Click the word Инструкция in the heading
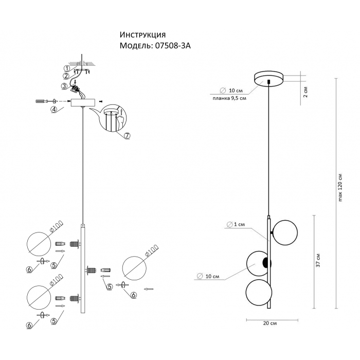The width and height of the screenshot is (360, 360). (x=142, y=35)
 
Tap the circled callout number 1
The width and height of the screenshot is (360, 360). (x=66, y=68)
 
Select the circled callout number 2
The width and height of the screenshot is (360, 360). (x=66, y=76)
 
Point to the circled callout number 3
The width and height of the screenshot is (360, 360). (x=64, y=86)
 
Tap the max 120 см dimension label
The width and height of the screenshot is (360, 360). (x=340, y=188)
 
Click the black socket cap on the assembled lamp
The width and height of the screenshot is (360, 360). (x=265, y=263)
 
